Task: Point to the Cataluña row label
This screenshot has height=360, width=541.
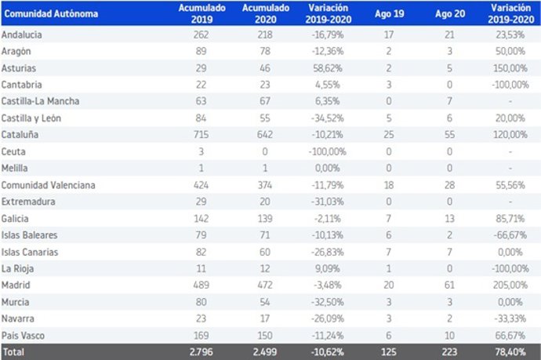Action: tap(20, 134)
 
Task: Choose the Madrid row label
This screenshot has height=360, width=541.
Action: tap(16, 285)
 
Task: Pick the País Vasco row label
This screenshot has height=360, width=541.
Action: tap(24, 335)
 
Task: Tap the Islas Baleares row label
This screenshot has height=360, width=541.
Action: tap(29, 235)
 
